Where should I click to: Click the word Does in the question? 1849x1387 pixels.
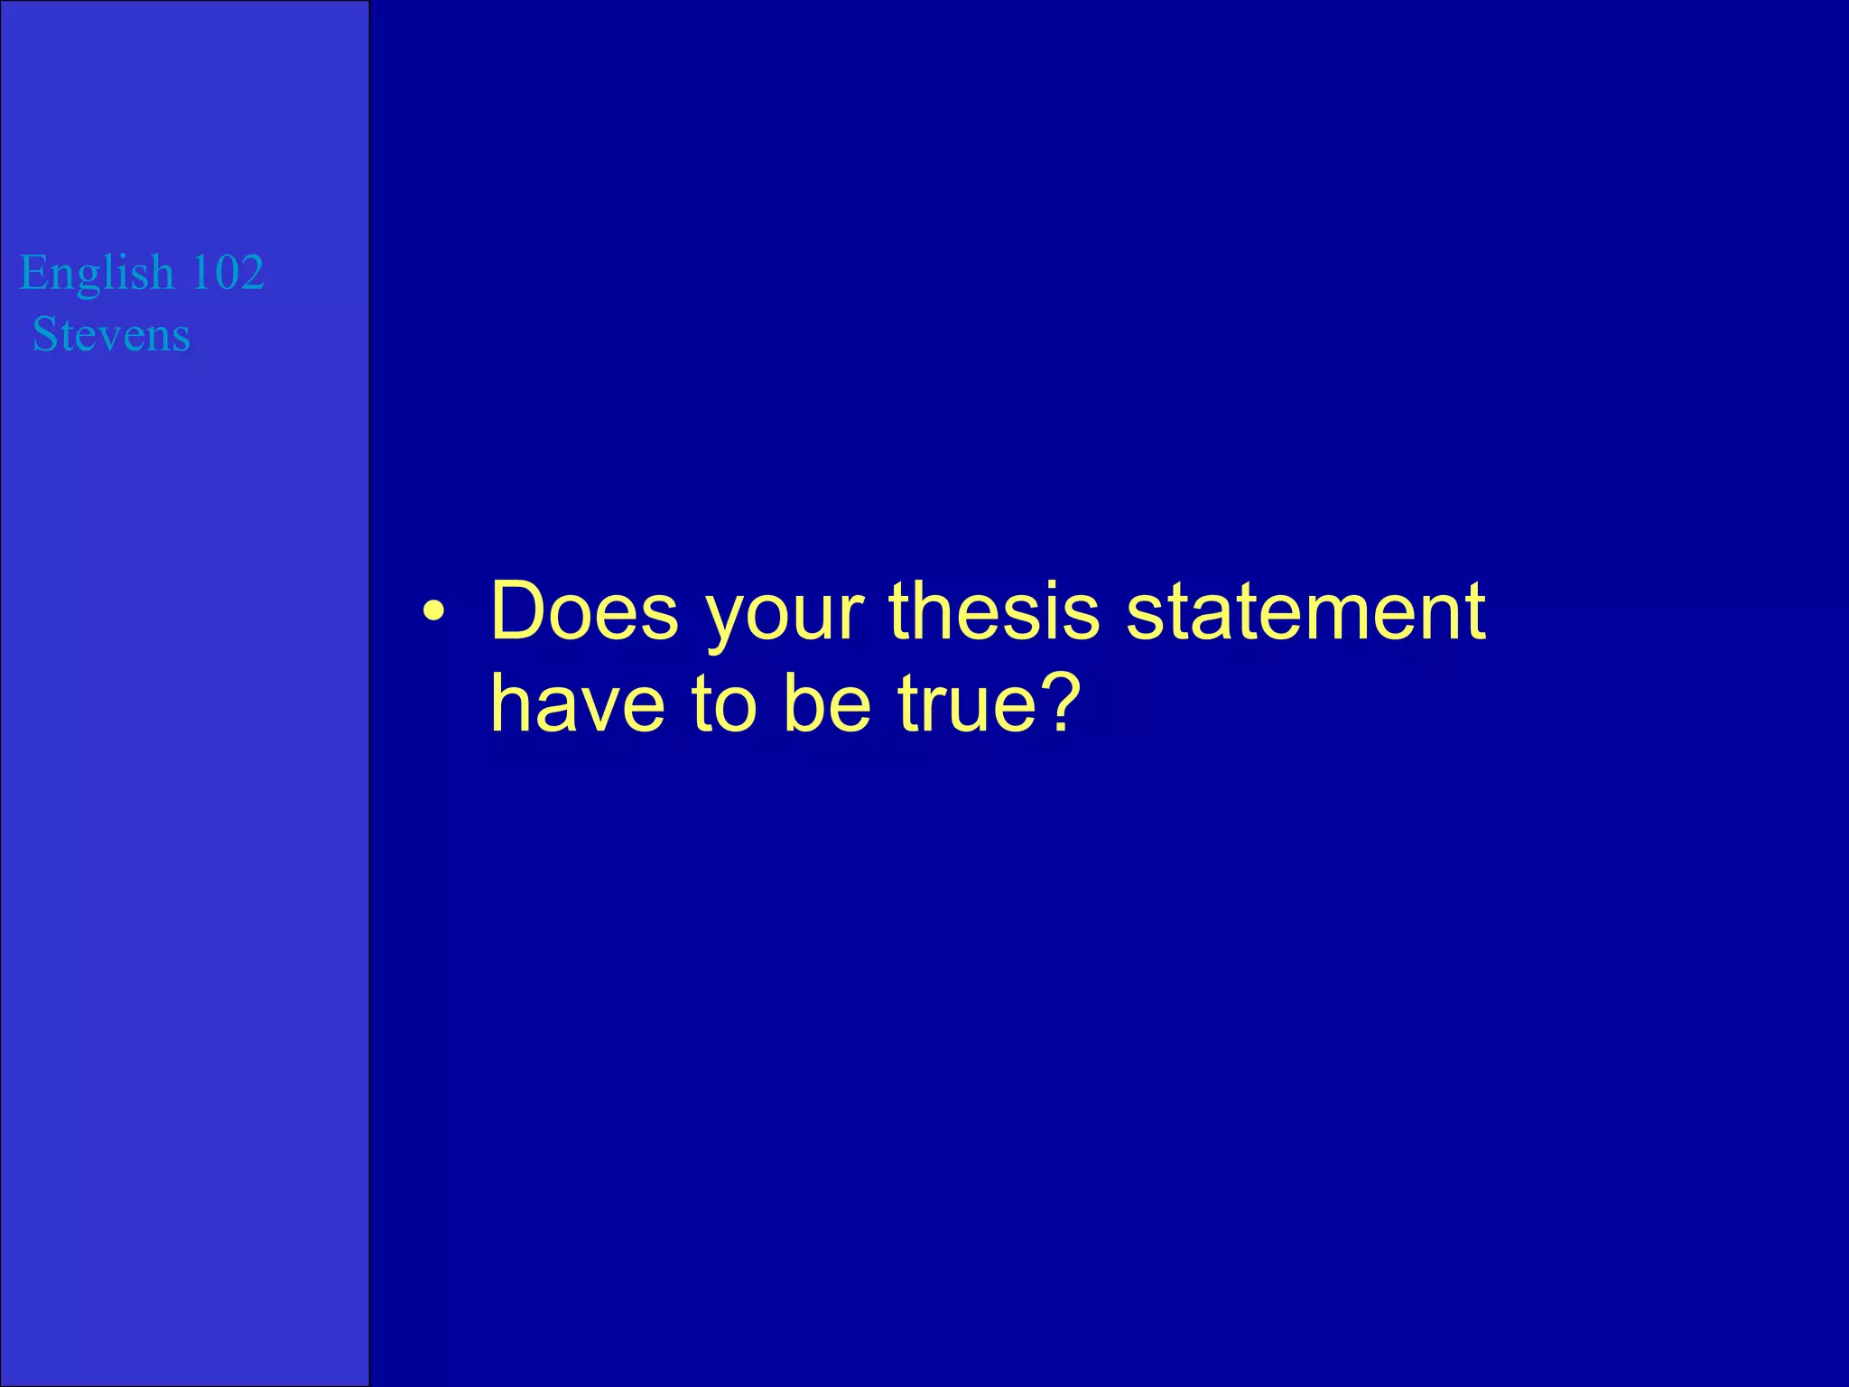click(583, 611)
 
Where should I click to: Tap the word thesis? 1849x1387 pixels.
click(994, 611)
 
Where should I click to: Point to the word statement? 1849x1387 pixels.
click(1305, 611)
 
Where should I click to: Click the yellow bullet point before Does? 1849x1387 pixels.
click(433, 613)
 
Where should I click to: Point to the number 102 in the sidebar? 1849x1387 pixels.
click(228, 272)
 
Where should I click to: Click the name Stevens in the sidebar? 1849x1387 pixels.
click(111, 335)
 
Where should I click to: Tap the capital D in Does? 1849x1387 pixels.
click(520, 611)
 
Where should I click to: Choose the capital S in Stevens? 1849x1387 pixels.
click(44, 335)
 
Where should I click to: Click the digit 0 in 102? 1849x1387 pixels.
click(228, 272)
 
